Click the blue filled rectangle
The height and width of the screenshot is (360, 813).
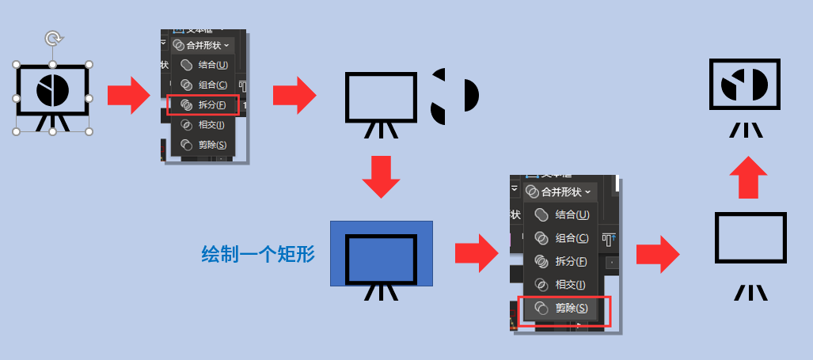coord(382,253)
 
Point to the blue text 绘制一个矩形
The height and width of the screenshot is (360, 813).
coord(258,254)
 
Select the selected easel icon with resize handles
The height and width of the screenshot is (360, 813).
coord(53,97)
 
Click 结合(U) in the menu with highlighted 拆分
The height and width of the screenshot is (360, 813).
coord(204,65)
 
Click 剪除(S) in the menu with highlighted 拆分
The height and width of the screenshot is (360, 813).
coord(204,145)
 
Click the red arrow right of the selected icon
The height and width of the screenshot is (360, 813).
coord(128,96)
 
